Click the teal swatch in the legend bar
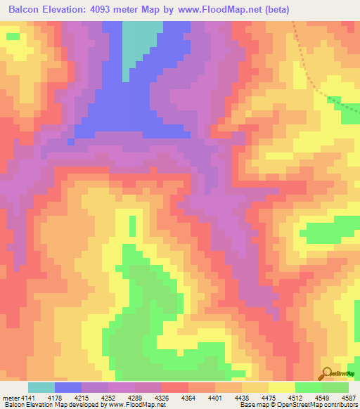tap(41, 387)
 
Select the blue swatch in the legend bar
tap(68, 387)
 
